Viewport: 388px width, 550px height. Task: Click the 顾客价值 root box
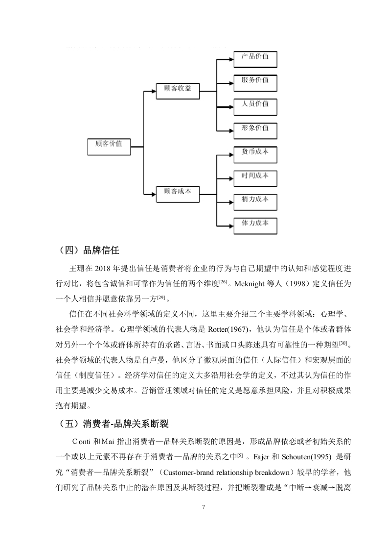click(109, 147)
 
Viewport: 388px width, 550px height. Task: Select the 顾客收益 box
click(178, 91)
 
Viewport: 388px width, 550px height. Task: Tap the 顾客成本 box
click(178, 194)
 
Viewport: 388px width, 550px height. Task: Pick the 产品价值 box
click(255, 59)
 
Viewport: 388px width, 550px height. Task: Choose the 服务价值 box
click(255, 83)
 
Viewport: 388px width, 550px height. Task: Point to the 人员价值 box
click(255, 107)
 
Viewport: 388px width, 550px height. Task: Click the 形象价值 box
click(255, 131)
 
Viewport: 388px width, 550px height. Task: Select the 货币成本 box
click(255, 155)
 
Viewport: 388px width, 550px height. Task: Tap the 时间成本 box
click(255, 178)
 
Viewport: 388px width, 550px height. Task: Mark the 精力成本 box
click(255, 202)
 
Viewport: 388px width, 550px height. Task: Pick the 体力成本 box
click(255, 226)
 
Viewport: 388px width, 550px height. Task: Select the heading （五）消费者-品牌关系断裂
click(113, 424)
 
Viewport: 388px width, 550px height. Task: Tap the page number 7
click(204, 507)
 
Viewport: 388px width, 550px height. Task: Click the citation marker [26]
click(223, 282)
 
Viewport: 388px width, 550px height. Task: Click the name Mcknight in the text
click(250, 284)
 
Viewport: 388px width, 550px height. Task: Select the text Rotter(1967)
click(228, 329)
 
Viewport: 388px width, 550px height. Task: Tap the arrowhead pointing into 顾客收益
click(153, 91)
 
